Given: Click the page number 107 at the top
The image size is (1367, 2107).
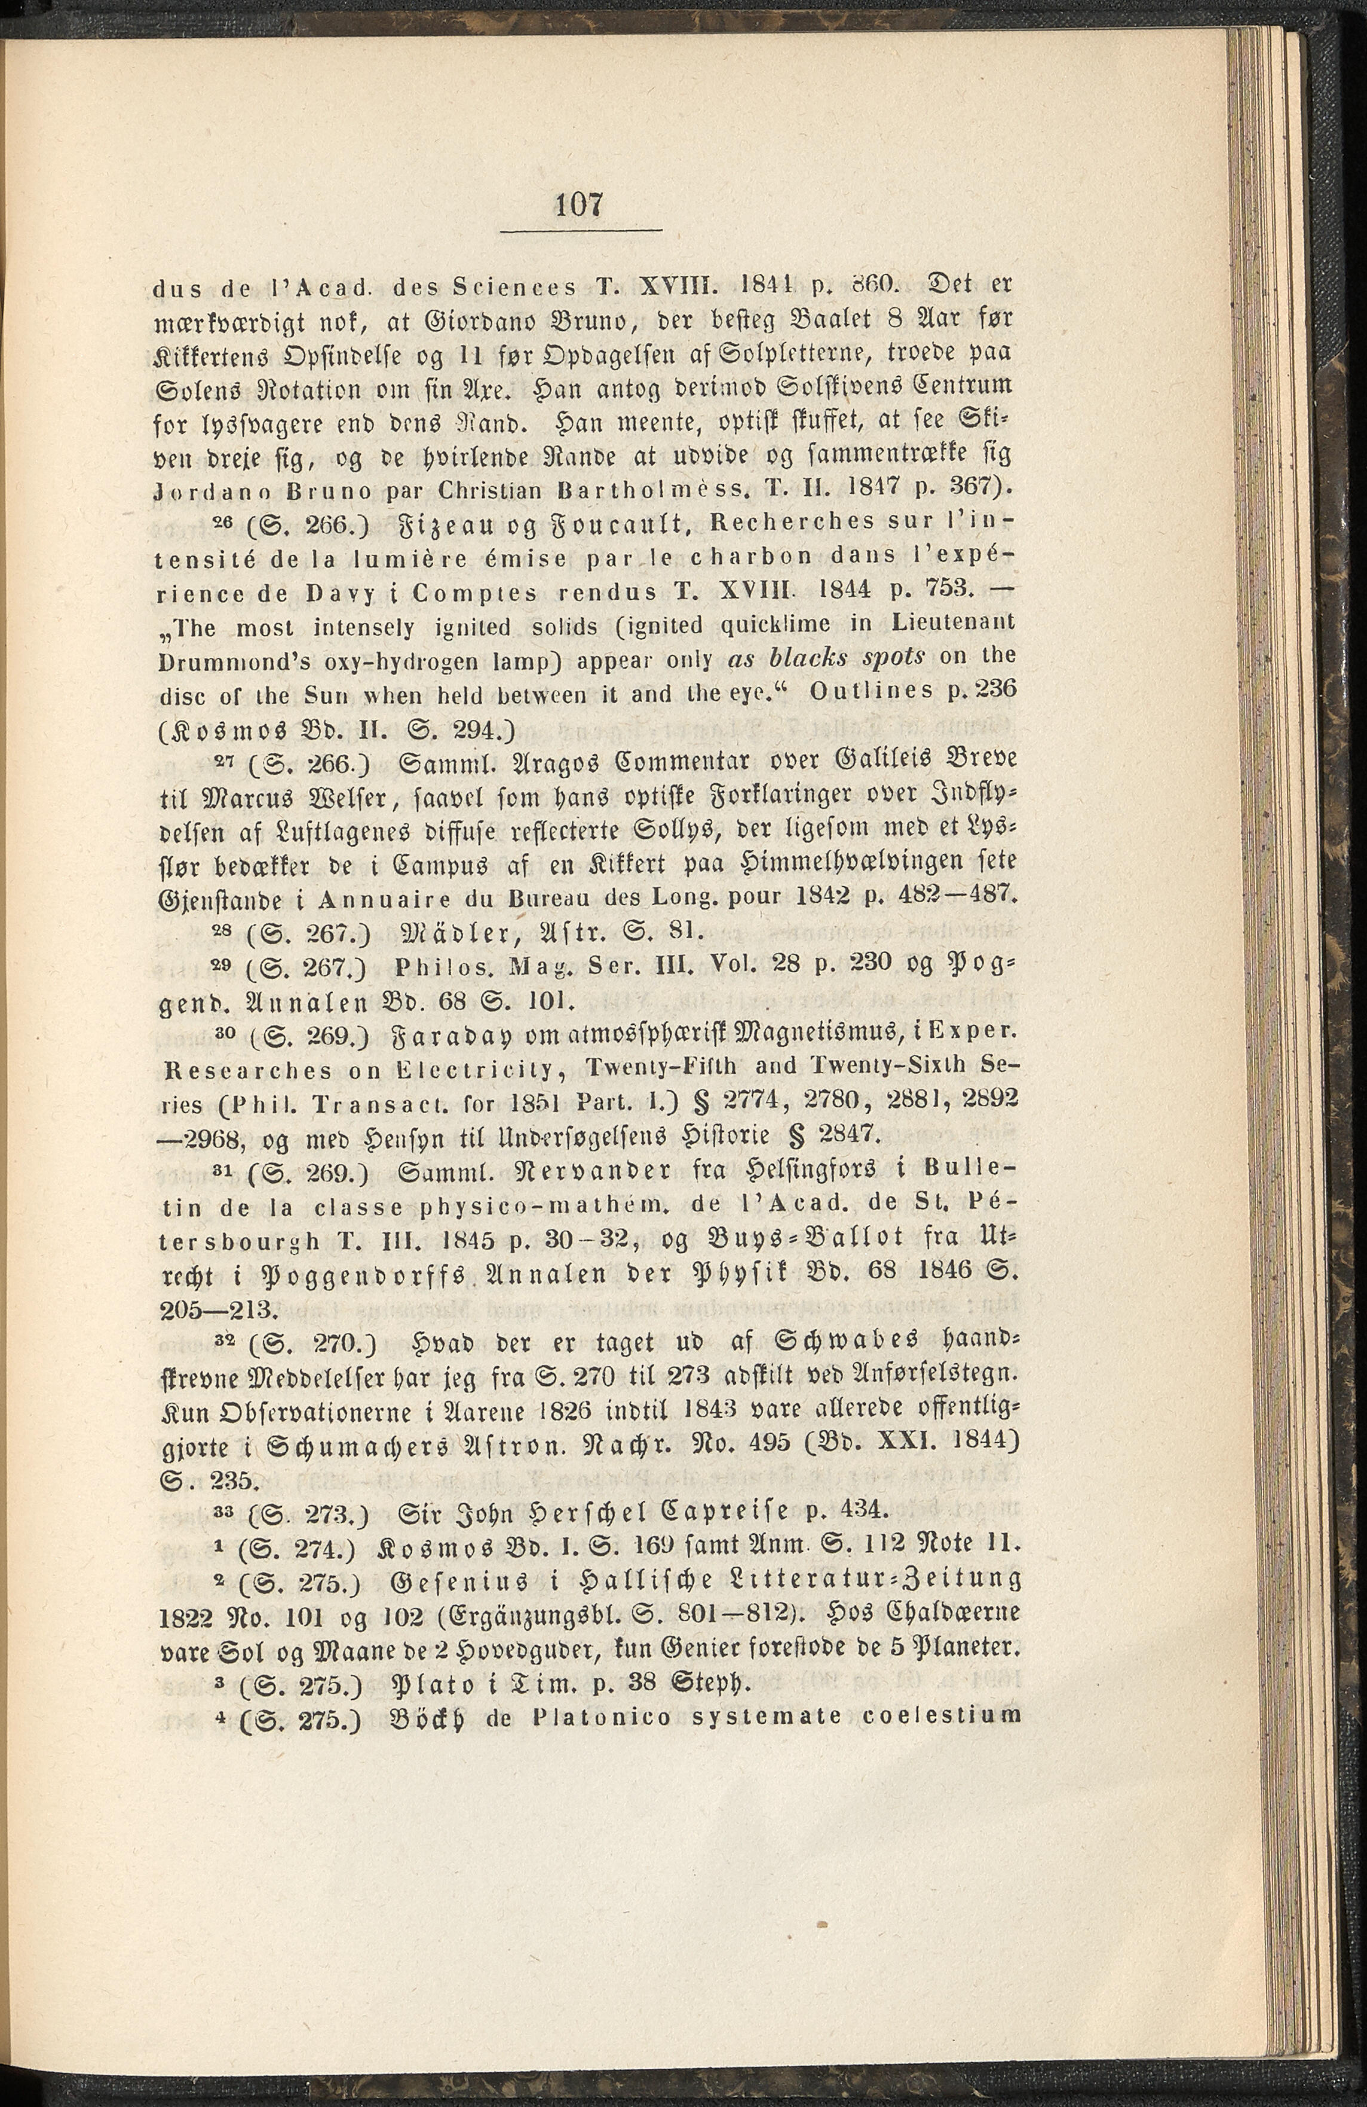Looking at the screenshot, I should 580,204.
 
